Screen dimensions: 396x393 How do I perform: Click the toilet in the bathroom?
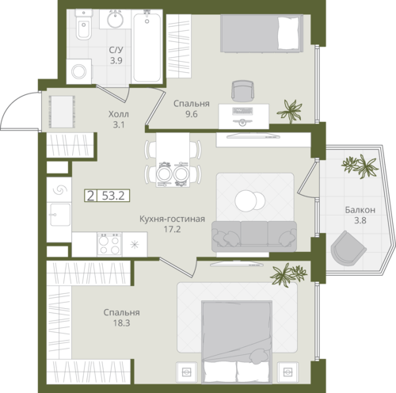point(84,25)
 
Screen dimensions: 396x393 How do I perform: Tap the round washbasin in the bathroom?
point(115,19)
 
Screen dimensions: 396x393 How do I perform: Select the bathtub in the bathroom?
point(147,47)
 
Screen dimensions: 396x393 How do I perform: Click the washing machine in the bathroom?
point(79,71)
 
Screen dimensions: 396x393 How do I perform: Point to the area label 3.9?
point(116,61)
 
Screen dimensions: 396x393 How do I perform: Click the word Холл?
point(119,114)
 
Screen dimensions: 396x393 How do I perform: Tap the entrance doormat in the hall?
point(62,112)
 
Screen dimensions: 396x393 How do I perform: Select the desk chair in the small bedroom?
point(242,90)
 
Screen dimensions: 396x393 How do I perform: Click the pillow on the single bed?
point(289,33)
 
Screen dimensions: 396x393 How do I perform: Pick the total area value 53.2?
point(113,196)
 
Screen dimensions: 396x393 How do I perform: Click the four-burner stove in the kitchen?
point(109,244)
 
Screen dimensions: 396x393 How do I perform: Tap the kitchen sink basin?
point(60,215)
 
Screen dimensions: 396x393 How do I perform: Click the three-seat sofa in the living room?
point(254,236)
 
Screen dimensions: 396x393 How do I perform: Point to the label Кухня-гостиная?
point(172,219)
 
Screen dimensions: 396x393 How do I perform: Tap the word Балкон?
point(360,210)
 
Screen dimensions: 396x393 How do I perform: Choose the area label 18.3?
point(122,323)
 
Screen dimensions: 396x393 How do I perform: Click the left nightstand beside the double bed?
point(187,372)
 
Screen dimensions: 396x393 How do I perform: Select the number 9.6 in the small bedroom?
point(192,114)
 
